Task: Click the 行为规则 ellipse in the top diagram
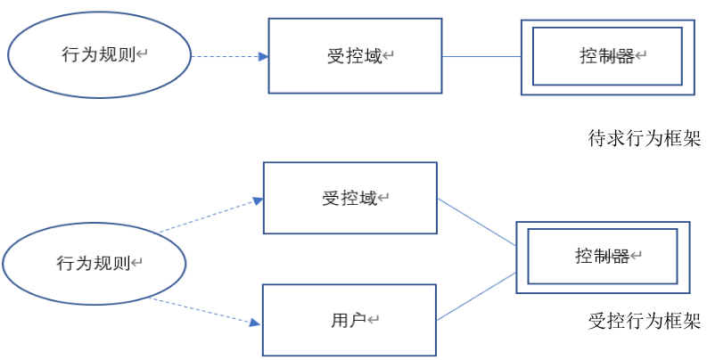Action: point(99,55)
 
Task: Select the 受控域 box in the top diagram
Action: point(355,56)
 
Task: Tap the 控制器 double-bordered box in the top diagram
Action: point(607,56)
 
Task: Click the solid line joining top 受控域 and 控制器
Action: point(481,56)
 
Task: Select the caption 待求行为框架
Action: point(645,138)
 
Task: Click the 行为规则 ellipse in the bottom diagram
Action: point(95,264)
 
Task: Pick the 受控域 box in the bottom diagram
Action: point(349,198)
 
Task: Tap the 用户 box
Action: point(349,319)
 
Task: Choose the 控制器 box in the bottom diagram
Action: point(602,257)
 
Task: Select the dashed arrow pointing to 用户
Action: point(205,310)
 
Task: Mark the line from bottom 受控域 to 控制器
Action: point(476,223)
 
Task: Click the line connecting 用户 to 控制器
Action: point(476,296)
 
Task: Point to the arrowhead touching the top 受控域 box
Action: point(263,56)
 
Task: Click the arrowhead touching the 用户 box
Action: point(257,323)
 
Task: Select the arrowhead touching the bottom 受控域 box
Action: point(258,201)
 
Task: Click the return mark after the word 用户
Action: point(374,320)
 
